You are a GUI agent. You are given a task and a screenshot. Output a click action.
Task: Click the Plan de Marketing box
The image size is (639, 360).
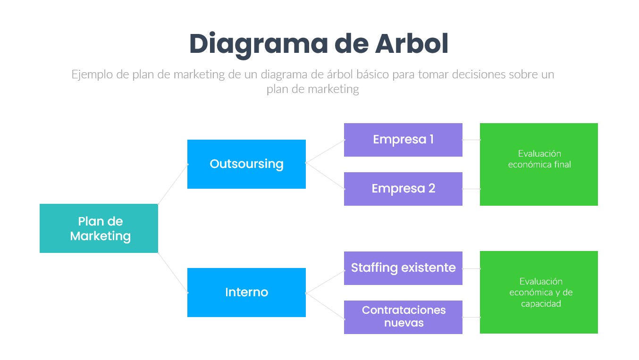[x=99, y=228]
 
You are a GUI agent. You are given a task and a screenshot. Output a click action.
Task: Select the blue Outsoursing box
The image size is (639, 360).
[x=246, y=164]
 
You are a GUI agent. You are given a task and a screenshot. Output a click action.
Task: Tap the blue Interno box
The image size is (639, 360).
[x=246, y=293]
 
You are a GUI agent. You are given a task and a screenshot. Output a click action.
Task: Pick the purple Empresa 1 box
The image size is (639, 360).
[x=403, y=140]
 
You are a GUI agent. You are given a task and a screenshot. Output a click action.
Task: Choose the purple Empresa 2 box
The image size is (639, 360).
[x=403, y=189]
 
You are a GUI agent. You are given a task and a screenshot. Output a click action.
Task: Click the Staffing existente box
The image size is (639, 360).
[x=403, y=268]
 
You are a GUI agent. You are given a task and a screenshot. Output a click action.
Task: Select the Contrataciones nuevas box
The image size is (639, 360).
[x=403, y=317]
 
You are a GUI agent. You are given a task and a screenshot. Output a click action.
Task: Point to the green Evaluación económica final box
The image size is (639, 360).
[x=539, y=164]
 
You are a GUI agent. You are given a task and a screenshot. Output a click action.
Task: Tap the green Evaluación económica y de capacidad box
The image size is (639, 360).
[x=539, y=293]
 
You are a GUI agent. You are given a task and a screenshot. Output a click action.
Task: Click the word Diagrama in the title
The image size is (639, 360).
[x=259, y=45]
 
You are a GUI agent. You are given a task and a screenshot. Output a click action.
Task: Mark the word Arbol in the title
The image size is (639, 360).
[x=412, y=43]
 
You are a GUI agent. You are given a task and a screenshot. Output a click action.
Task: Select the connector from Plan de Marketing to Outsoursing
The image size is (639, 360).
[x=173, y=184]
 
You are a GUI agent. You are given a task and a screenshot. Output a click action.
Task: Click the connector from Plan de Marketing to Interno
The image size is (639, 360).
[x=173, y=273]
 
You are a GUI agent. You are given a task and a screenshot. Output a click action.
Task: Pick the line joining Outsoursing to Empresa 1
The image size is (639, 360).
[x=325, y=151]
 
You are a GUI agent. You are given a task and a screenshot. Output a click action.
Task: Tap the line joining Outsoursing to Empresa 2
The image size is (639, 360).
[x=325, y=176]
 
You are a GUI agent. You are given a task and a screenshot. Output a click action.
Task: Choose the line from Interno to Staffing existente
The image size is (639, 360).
[x=325, y=282]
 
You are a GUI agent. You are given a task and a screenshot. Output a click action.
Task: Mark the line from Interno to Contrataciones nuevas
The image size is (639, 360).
[x=325, y=306]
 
